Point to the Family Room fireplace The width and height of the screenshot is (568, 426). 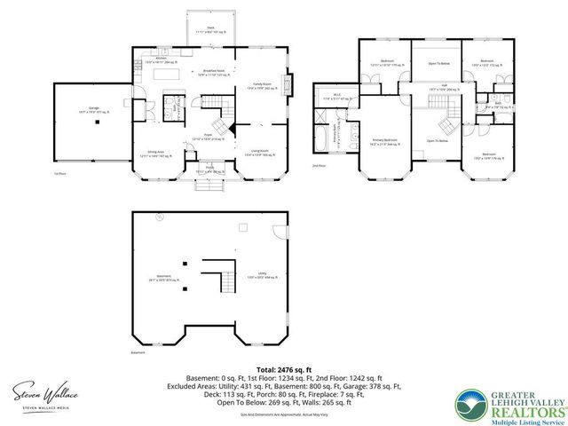(285, 85)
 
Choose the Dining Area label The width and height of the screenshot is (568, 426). (155, 153)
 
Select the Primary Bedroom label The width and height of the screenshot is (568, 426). (384, 140)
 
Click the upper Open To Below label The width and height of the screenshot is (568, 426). (435, 64)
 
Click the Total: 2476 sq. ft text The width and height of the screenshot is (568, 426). (283, 367)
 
